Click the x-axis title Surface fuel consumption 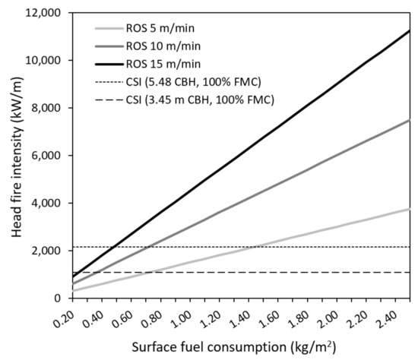[x=239, y=349]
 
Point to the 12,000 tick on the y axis [x=39, y=13]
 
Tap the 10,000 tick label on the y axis [x=39, y=61]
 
